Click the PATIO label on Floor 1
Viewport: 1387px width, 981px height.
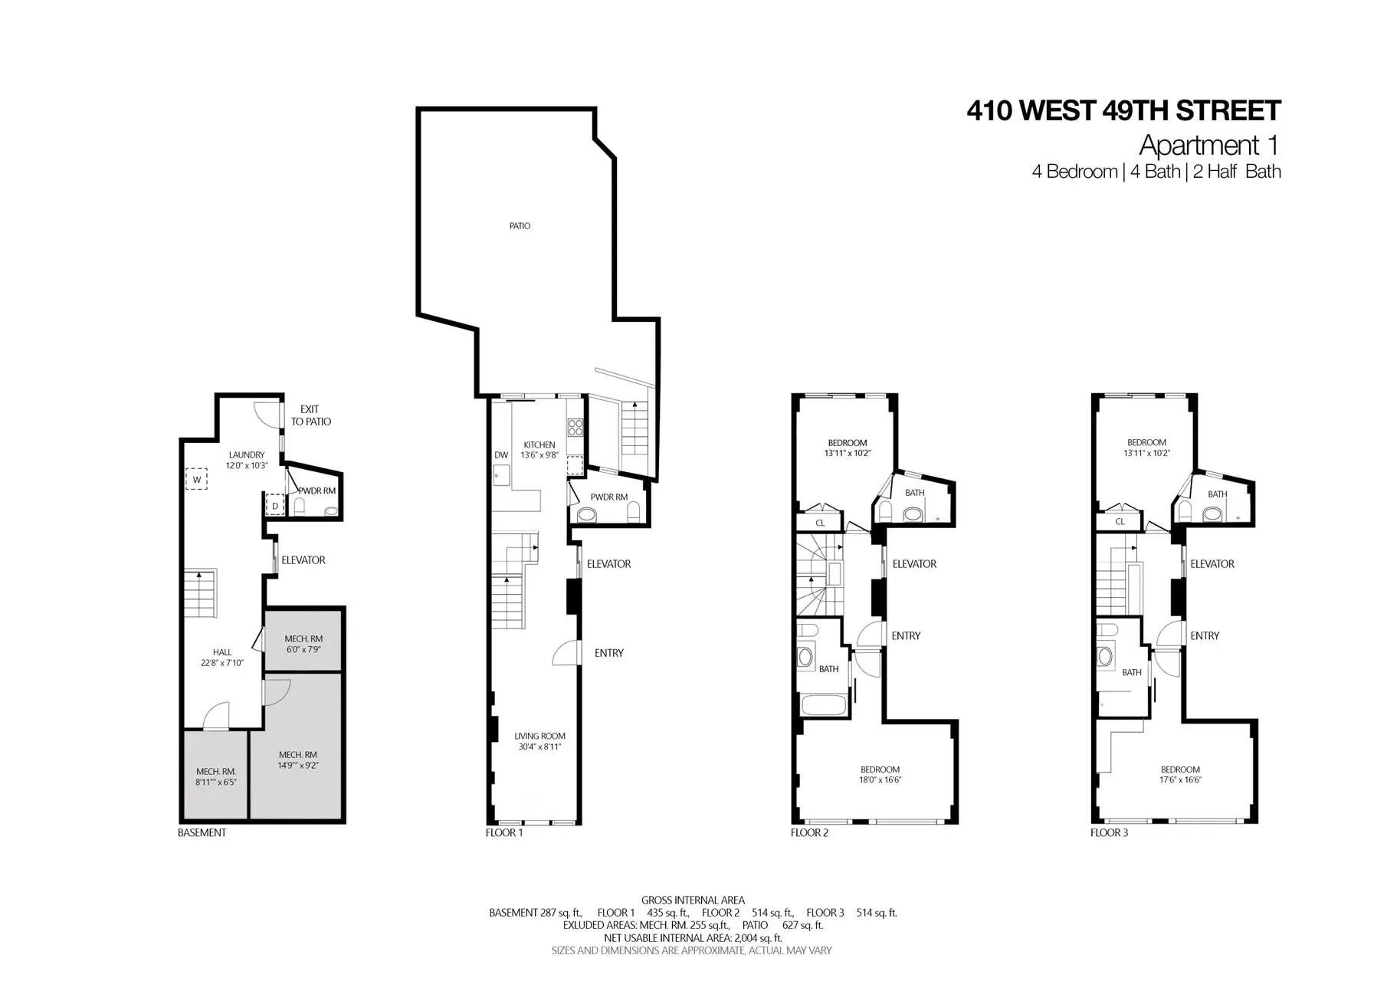point(520,226)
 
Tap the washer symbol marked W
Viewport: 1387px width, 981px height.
point(196,479)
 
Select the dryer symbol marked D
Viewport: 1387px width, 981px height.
point(275,506)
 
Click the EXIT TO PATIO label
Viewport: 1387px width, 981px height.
point(310,415)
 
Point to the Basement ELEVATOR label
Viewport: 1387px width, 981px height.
point(303,560)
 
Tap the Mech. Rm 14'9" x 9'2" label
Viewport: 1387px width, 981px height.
point(298,760)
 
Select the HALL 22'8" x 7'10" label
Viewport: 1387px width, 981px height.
point(222,658)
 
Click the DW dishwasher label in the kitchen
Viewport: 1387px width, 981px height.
point(501,455)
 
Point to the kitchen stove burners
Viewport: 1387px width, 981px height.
point(575,427)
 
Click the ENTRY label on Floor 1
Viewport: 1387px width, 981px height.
point(609,653)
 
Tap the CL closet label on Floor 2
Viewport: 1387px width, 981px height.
point(820,523)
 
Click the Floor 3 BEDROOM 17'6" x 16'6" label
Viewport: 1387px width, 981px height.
point(1180,775)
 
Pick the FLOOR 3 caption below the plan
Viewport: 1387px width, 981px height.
point(1109,832)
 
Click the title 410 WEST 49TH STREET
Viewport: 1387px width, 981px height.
point(1123,111)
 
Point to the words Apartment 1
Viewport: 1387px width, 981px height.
point(1209,145)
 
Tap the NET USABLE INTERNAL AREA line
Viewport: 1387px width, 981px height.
point(693,938)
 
